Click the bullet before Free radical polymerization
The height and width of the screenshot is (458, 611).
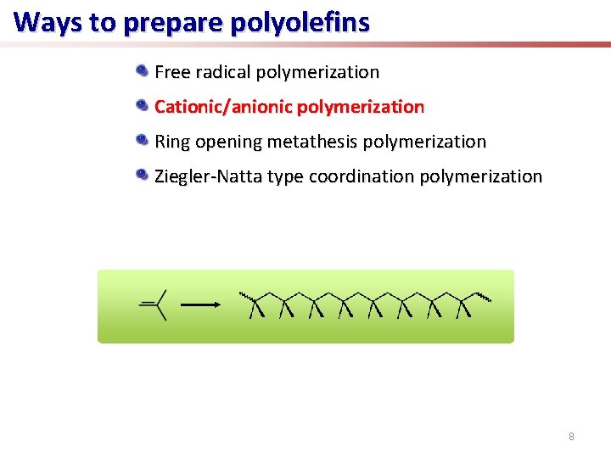click(x=143, y=70)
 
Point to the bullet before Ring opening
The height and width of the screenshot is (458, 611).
click(x=143, y=140)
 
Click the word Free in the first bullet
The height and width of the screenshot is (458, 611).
click(x=172, y=72)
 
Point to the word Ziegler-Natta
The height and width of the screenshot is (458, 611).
click(x=207, y=176)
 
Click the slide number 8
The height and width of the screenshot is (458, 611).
click(x=571, y=437)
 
